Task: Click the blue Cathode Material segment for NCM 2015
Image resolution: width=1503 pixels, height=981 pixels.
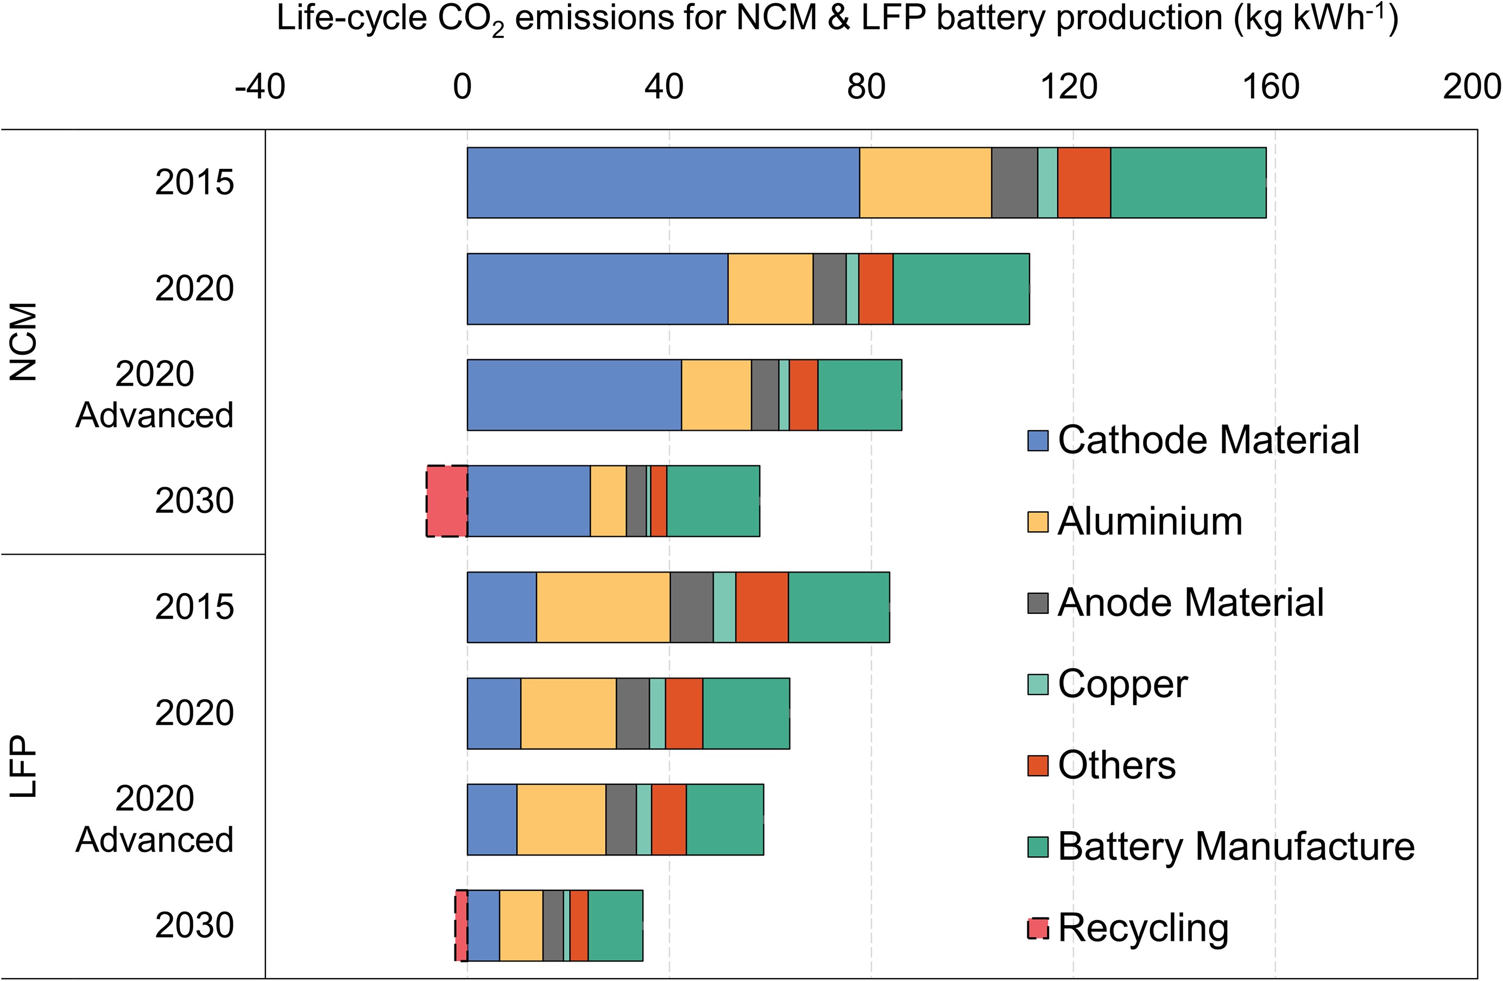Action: pos(663,183)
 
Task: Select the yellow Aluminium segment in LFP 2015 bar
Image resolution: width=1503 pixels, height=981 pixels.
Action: pos(603,607)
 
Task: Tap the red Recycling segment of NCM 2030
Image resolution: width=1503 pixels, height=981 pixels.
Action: pos(447,501)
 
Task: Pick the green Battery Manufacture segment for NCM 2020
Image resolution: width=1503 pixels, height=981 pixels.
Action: pos(961,288)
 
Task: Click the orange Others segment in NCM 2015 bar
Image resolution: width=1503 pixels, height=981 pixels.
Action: pos(1084,183)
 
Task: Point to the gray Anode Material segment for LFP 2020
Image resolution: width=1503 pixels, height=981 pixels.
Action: pos(633,713)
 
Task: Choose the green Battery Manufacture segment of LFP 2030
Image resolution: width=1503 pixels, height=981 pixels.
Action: pos(616,926)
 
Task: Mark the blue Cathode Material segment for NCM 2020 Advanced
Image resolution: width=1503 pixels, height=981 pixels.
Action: pos(574,395)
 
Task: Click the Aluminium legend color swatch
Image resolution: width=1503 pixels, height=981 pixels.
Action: pos(1038,522)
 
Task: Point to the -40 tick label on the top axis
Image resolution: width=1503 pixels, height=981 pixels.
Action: pos(260,86)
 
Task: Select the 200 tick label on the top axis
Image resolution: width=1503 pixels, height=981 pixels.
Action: pos(1471,86)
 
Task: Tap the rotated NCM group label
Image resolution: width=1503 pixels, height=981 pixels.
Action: pos(24,342)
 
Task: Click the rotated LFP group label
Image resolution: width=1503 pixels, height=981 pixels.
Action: pos(24,766)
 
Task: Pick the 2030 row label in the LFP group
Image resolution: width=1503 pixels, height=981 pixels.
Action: pos(194,926)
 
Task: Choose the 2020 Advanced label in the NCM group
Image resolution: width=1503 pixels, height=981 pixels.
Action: pos(155,394)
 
